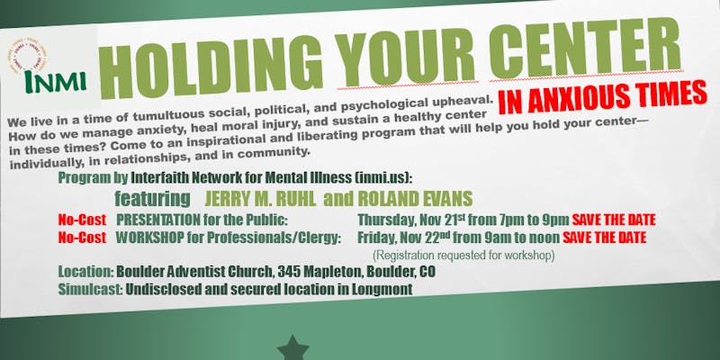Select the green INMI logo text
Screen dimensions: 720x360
pyautogui.click(x=55, y=81)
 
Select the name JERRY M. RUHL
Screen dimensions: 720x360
pyautogui.click(x=260, y=198)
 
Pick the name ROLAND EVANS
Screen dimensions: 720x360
pyautogui.click(x=415, y=198)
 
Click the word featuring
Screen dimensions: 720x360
pyautogui.click(x=152, y=199)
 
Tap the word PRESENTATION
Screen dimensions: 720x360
pyautogui.click(x=158, y=220)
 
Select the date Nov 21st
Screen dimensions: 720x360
pyautogui.click(x=442, y=220)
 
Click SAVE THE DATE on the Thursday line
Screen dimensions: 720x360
pyautogui.click(x=614, y=220)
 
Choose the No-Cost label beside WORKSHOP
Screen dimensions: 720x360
pyautogui.click(x=82, y=238)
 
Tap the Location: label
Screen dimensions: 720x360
pyautogui.click(x=85, y=272)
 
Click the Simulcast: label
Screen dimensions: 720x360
pyautogui.click(x=90, y=290)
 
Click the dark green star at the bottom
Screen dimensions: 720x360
pyautogui.click(x=293, y=347)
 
